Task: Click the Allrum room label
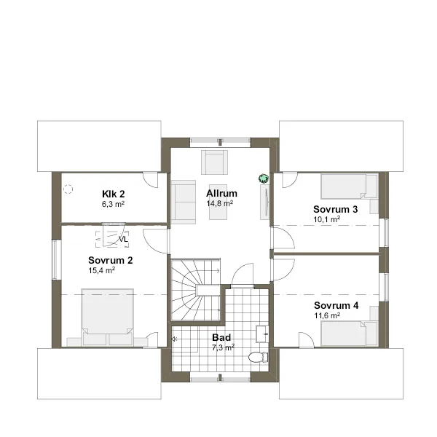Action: click(221, 193)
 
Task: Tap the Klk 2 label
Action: click(114, 194)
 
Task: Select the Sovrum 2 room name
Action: click(111, 260)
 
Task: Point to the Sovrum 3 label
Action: click(335, 209)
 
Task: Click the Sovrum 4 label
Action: click(336, 305)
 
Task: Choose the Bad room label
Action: click(221, 337)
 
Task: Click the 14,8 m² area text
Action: click(220, 203)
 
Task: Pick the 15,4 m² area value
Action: click(102, 270)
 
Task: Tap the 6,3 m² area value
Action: click(113, 204)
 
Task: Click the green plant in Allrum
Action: click(264, 178)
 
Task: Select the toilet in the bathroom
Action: click(258, 358)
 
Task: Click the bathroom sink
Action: click(262, 334)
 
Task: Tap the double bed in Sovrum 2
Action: click(107, 317)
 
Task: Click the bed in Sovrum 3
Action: click(350, 186)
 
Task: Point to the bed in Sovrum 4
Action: click(350, 334)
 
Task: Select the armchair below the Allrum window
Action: click(214, 162)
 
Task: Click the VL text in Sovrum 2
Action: click(123, 239)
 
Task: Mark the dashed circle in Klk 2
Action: click(68, 189)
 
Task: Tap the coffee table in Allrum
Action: click(218, 202)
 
